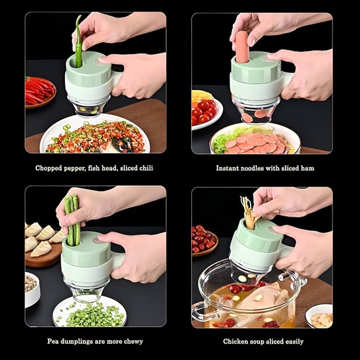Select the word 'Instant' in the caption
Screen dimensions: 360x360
click(228, 168)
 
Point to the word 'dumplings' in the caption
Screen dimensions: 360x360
click(79, 341)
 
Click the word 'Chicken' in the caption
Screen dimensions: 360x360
click(236, 341)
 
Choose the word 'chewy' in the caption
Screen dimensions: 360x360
click(133, 341)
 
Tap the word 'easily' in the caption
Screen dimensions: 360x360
click(293, 341)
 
